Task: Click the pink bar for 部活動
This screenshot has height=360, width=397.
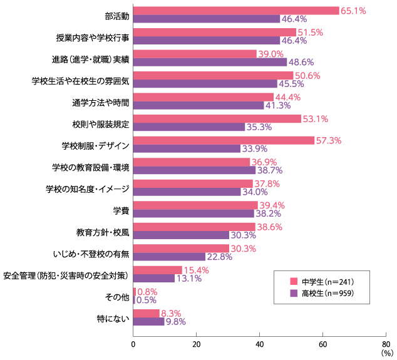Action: [x=236, y=11]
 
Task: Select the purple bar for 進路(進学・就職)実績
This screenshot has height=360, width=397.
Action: [x=210, y=62]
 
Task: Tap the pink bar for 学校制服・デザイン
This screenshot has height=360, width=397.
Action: [x=224, y=140]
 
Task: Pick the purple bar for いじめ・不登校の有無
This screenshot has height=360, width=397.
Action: [x=170, y=256]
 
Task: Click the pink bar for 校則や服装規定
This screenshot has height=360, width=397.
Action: [x=217, y=118]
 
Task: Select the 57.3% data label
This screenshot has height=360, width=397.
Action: [x=328, y=140]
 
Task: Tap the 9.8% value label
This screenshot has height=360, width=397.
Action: [x=175, y=321]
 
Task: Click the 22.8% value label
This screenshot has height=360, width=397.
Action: [x=219, y=256]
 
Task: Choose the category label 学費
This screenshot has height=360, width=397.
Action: [x=121, y=210]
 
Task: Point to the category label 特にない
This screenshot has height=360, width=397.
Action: [x=113, y=317]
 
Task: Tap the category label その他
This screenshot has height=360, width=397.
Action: [x=118, y=296]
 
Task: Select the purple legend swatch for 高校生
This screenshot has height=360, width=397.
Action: [x=292, y=292]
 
